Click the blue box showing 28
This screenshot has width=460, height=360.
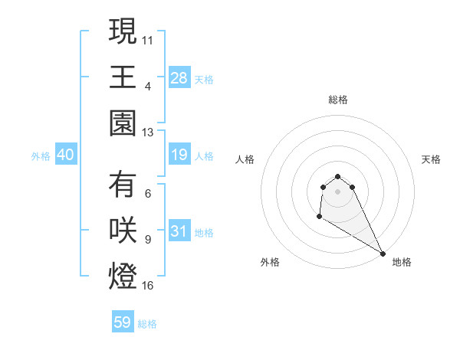pyautogui.click(x=179, y=78)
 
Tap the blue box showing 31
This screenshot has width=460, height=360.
pyautogui.click(x=179, y=231)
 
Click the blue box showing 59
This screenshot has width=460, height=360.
pyautogui.click(x=123, y=322)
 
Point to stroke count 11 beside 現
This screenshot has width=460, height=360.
pyautogui.click(x=149, y=38)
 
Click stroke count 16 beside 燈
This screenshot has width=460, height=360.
pyautogui.click(x=149, y=286)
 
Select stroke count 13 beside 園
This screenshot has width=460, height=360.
pyautogui.click(x=149, y=133)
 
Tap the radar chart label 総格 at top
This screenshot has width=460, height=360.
pyautogui.click(x=338, y=100)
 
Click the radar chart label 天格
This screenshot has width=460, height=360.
pyautogui.click(x=432, y=159)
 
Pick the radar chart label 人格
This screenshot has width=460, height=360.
pyautogui.click(x=245, y=159)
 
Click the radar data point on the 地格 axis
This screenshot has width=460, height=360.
pyautogui.click(x=383, y=253)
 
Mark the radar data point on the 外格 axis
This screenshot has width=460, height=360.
pyautogui.click(x=319, y=217)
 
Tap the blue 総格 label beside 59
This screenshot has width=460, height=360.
pyautogui.click(x=147, y=324)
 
